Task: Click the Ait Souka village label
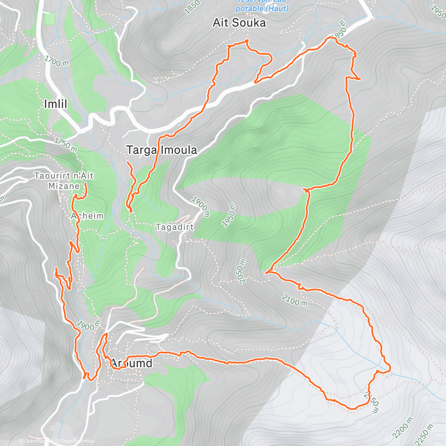pyautogui.click(x=239, y=23)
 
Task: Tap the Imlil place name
pyautogui.click(x=55, y=104)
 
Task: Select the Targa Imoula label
pyautogui.click(x=162, y=150)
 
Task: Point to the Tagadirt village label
pyautogui.click(x=175, y=227)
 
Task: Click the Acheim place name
pyautogui.click(x=87, y=216)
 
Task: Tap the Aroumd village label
pyautogui.click(x=132, y=363)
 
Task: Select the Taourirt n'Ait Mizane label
pyautogui.click(x=64, y=181)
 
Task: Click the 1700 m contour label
pyautogui.click(x=56, y=61)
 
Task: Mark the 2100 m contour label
pyautogui.click(x=295, y=300)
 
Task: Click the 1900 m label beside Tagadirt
pyautogui.click(x=200, y=207)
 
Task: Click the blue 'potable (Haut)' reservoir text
pyautogui.click(x=262, y=8)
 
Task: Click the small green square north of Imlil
pyautogui.click(x=49, y=19)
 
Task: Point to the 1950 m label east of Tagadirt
pyautogui.click(x=229, y=215)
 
